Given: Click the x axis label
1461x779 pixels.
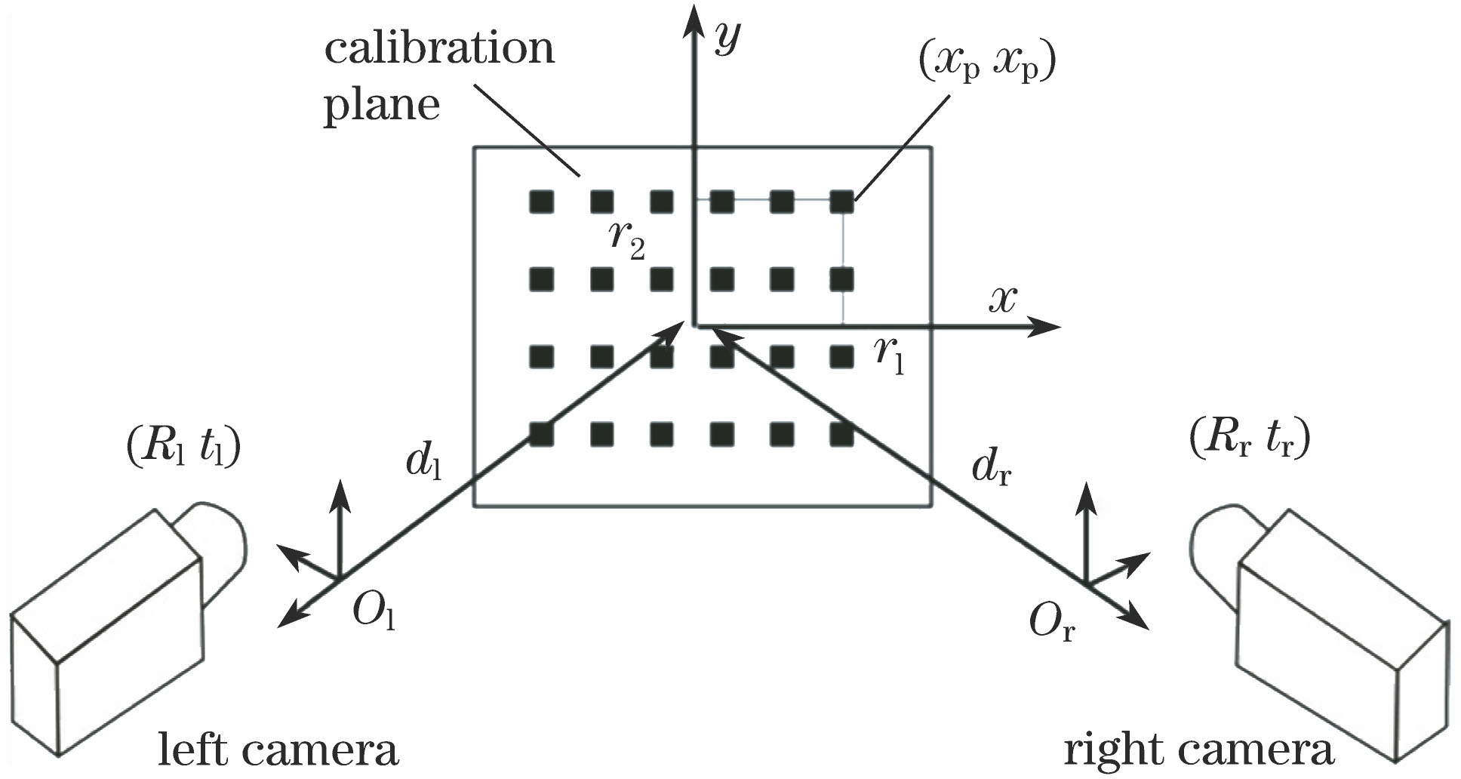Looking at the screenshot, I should coord(1003,300).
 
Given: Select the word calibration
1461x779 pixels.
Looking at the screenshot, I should coord(439,48).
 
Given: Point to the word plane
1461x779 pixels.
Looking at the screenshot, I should coord(381,106).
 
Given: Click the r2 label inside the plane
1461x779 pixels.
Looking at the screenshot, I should coord(626,238).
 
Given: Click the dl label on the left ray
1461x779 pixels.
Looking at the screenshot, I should coord(423,460).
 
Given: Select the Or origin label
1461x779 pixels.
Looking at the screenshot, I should coord(1051,623).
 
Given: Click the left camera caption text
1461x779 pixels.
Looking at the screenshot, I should coord(277,750).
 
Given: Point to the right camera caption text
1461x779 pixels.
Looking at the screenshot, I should coord(1198,750).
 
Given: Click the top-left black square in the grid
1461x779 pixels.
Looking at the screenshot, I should coord(541,202).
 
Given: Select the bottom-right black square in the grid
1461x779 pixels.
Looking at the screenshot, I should coord(841,434).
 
